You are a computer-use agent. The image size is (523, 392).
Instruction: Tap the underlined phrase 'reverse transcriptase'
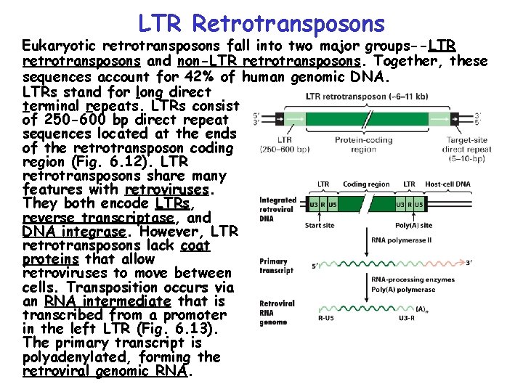click(95, 218)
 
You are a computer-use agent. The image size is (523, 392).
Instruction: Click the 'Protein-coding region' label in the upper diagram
click(363, 144)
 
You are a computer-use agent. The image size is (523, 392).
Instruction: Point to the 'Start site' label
click(320, 225)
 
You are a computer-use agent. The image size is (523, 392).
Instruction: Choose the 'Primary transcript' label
click(276, 266)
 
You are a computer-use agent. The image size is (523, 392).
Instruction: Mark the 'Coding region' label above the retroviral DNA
click(365, 184)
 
